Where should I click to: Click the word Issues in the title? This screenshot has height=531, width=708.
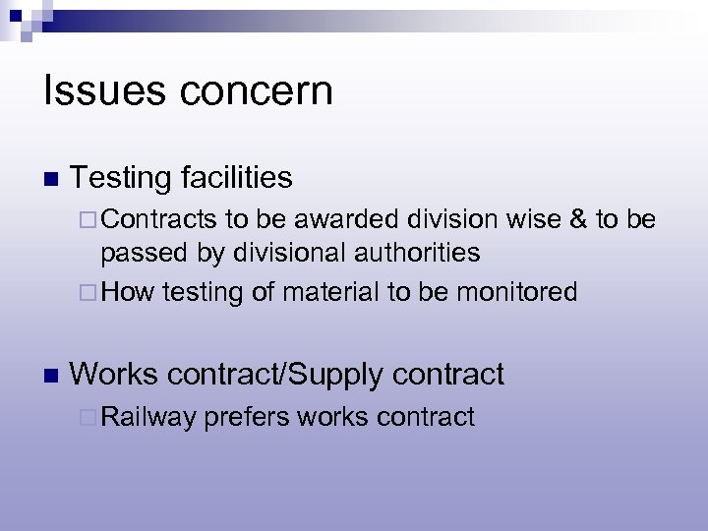coord(90,91)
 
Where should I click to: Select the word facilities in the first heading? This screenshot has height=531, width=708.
coord(237,177)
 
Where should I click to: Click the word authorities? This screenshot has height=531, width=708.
coord(414,254)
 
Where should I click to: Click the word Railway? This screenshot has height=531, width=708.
coord(147,417)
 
